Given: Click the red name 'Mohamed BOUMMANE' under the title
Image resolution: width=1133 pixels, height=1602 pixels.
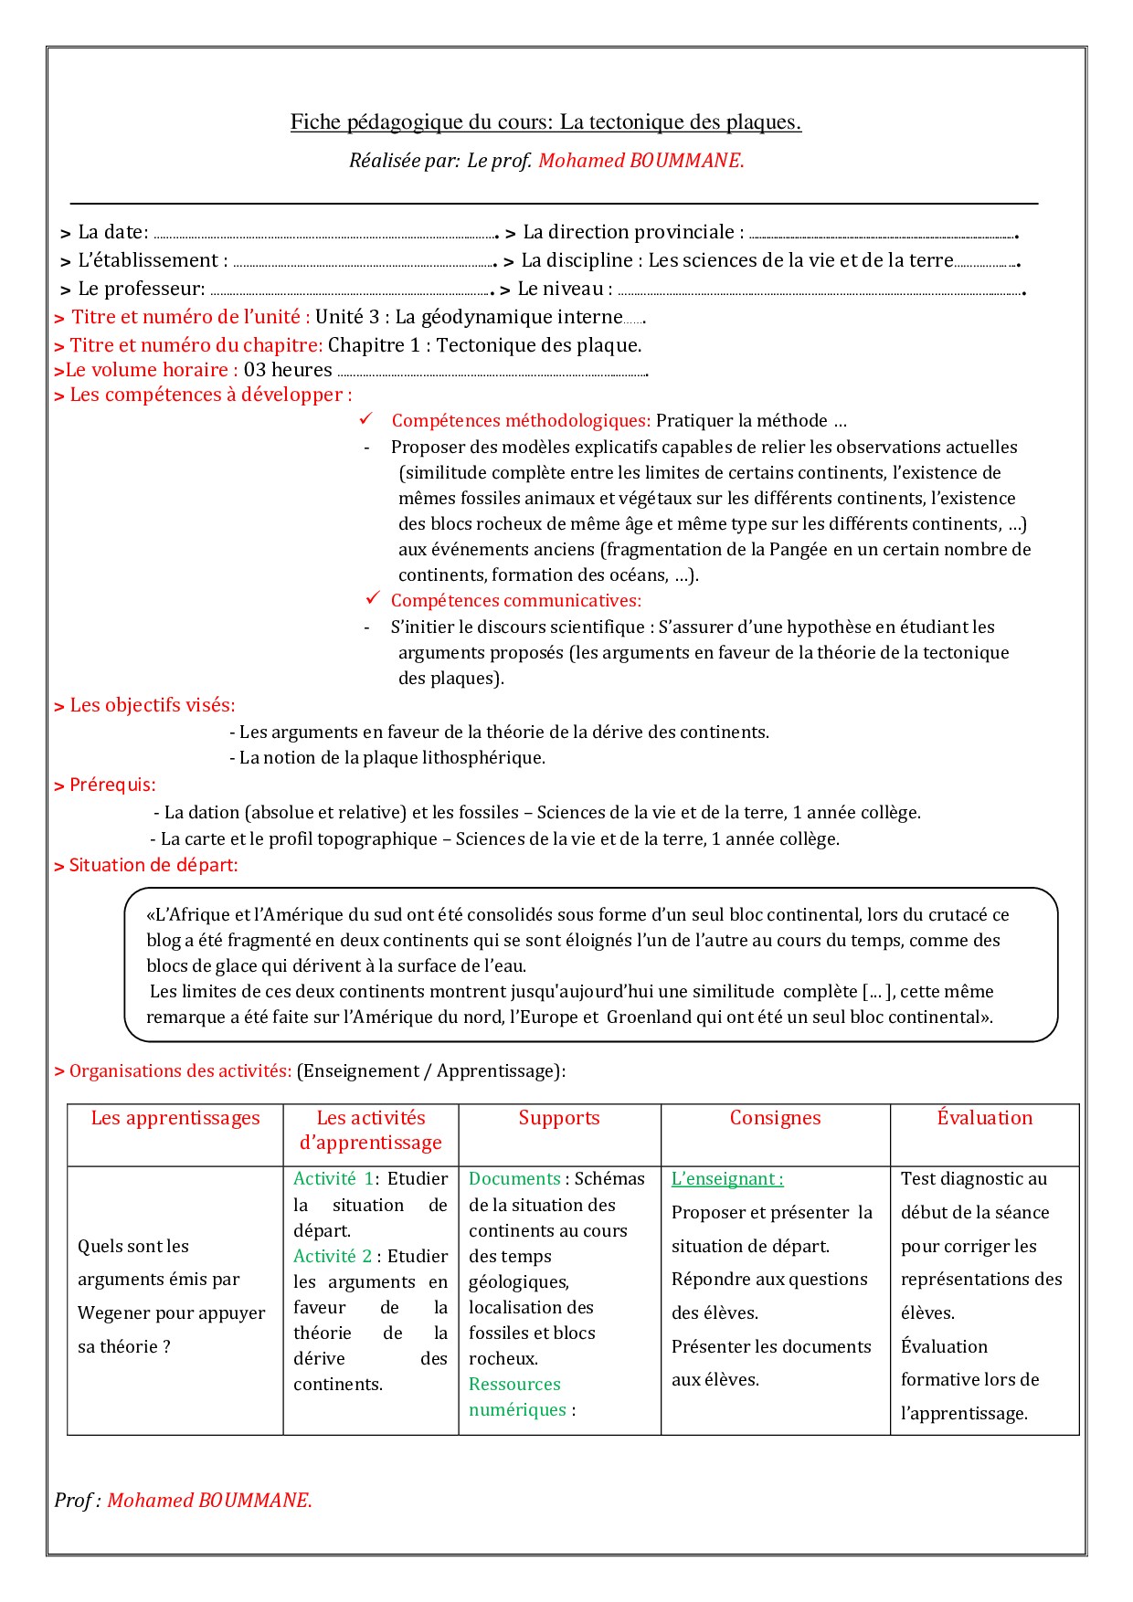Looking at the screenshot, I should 641,161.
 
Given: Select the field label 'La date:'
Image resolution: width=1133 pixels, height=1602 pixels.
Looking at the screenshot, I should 112,233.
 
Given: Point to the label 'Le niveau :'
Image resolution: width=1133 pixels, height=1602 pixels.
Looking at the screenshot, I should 564,290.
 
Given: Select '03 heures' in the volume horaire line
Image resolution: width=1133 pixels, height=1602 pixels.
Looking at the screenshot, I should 288,370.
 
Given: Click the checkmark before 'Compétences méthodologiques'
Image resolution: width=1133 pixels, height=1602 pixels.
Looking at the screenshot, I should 366,419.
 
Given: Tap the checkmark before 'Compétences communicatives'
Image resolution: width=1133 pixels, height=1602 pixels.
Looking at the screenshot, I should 372,598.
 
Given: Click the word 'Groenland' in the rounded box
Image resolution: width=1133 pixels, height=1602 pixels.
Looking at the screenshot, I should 649,1017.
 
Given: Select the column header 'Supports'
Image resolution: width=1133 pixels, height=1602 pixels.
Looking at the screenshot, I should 559,1118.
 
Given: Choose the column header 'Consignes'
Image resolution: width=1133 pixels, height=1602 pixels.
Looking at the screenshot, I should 775,1118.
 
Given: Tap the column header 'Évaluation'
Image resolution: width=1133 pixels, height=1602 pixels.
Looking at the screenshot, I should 984,1118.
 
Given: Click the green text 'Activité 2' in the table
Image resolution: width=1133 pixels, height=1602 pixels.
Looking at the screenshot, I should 333,1257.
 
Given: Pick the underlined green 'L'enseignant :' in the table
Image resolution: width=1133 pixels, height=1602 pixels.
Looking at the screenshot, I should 727,1179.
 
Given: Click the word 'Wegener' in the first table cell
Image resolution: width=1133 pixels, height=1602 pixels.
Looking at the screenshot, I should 115,1313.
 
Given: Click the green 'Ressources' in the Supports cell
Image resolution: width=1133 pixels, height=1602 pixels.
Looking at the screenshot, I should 514,1385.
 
